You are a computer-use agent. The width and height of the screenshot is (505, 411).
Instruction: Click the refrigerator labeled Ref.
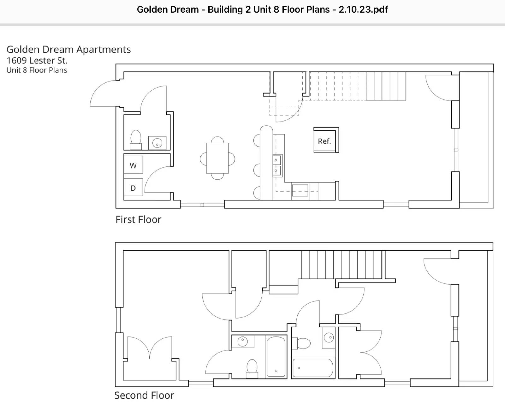326,140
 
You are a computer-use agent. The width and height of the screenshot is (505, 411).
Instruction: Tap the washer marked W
133,164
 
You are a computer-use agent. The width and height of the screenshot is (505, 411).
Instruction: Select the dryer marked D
133,187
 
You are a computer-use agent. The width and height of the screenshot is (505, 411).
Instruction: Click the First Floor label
138,219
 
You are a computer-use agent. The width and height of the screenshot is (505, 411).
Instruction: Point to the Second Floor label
144,395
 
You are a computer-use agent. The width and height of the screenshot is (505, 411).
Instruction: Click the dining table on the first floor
217,158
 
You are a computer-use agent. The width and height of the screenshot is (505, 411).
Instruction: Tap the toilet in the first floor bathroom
136,140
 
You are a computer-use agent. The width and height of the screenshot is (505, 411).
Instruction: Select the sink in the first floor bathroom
157,143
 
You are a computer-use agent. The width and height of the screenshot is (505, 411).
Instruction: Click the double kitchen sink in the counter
277,165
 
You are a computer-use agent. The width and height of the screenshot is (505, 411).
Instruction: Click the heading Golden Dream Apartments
68,50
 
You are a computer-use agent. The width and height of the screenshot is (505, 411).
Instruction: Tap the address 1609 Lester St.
37,61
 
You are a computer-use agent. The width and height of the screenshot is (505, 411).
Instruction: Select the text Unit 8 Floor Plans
37,70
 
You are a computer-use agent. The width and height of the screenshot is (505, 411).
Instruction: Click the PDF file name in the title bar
262,9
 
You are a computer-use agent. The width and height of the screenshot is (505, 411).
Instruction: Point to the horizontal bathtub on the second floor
313,368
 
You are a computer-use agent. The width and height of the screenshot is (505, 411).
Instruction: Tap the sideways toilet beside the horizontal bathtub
301,343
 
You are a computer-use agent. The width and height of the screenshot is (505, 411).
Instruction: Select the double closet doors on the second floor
150,348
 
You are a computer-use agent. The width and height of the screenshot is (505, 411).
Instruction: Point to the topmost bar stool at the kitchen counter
257,141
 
